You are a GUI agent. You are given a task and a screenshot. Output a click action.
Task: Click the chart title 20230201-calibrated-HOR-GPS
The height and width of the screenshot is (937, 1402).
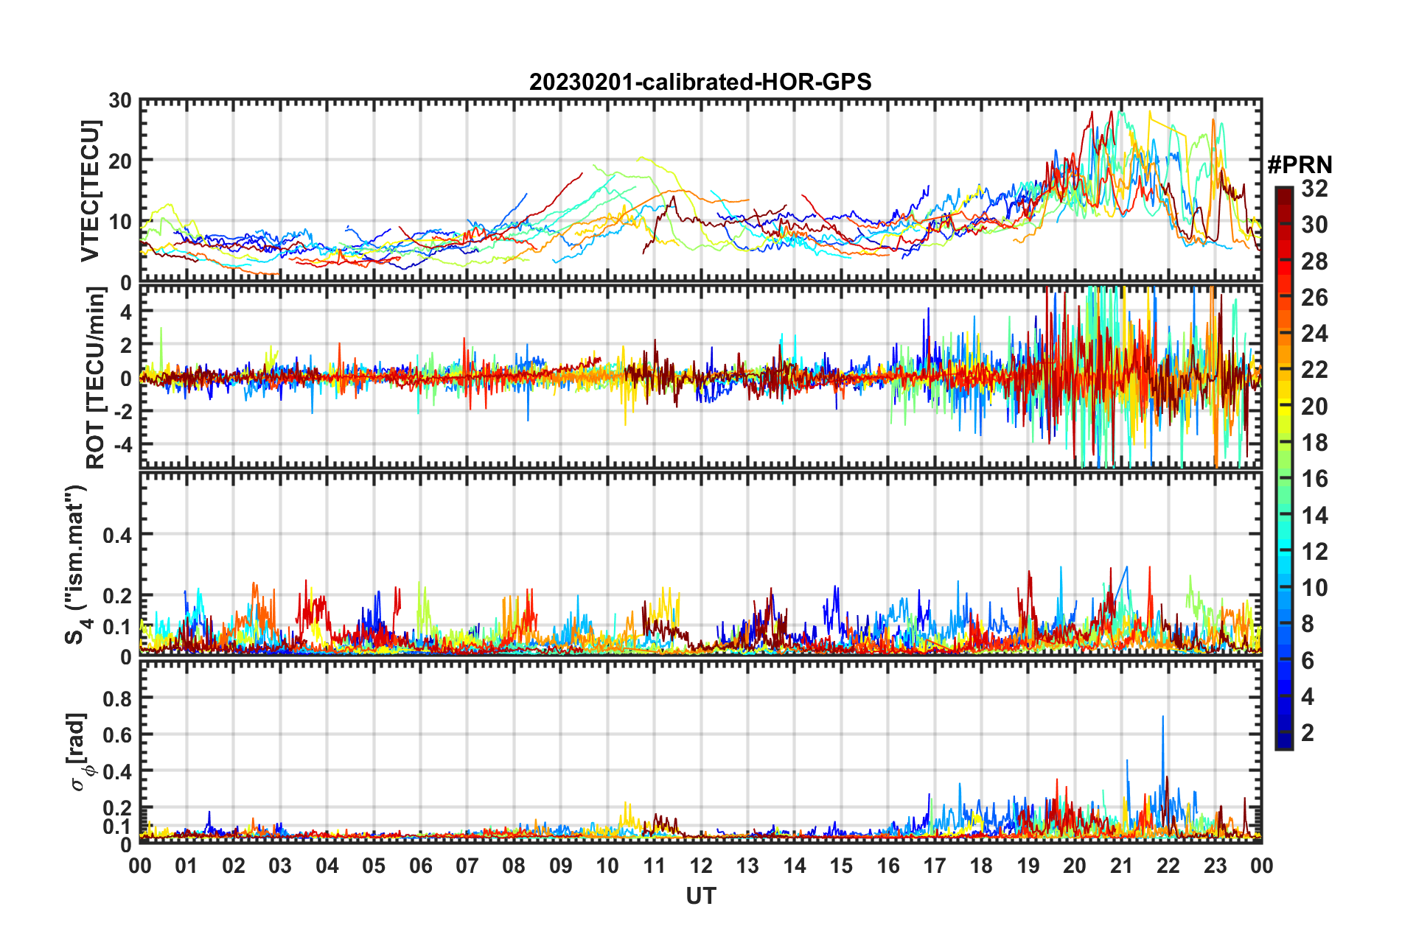pos(700,82)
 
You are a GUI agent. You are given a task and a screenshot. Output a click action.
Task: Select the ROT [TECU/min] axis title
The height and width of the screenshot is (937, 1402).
pos(96,378)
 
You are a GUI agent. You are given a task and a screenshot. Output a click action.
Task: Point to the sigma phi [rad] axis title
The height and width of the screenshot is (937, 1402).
pos(78,752)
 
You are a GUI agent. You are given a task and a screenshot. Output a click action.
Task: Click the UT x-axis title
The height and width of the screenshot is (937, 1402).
pos(700,896)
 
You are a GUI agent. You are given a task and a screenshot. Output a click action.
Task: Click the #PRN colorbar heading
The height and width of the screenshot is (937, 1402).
pos(1300,164)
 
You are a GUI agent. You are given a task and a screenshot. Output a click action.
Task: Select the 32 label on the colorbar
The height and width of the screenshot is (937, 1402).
pos(1314,189)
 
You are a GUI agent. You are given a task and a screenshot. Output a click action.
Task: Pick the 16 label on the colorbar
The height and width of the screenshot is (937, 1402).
pos(1314,479)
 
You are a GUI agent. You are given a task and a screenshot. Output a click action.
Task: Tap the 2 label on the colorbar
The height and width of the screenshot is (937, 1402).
pos(1308,732)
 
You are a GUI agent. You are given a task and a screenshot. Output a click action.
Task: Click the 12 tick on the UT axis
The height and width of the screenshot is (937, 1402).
pos(701,866)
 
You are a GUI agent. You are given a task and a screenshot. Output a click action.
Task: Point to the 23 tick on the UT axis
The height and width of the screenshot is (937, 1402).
pos(1215,866)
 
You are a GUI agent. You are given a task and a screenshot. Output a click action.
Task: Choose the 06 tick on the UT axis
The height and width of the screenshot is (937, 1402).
pos(420,866)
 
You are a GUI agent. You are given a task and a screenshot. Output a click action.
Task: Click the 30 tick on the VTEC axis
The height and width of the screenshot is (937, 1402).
pos(120,101)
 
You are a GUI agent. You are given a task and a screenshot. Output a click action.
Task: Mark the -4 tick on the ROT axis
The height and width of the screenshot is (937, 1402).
pos(122,445)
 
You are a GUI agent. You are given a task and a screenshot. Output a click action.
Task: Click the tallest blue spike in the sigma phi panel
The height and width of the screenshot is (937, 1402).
pos(1163,717)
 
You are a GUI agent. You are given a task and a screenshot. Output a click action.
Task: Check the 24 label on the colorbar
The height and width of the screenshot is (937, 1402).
pos(1314,334)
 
